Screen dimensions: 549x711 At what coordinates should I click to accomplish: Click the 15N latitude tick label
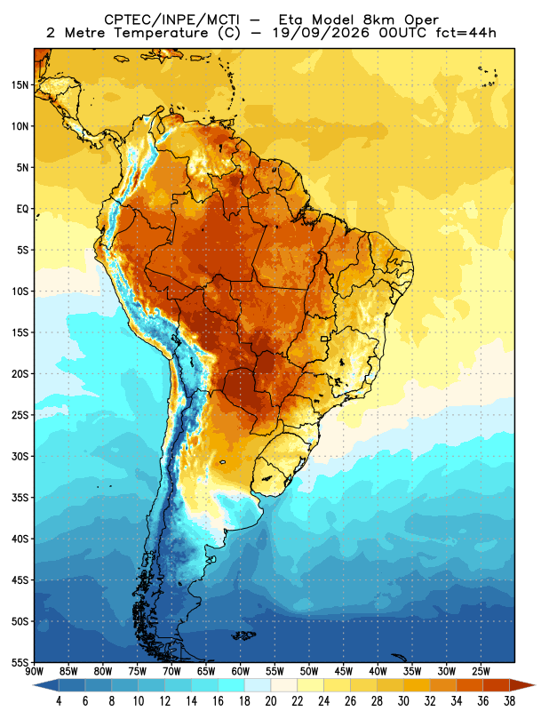click(x=20, y=84)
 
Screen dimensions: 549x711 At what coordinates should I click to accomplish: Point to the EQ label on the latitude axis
click(x=23, y=209)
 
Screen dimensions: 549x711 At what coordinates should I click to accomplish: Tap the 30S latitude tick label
click(x=20, y=456)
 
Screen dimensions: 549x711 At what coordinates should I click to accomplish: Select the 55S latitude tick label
click(x=20, y=662)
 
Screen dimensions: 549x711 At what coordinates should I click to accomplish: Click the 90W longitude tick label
click(x=35, y=671)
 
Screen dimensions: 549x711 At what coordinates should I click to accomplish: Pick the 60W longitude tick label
click(x=240, y=671)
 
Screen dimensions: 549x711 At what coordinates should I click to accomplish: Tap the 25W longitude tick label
click(x=481, y=671)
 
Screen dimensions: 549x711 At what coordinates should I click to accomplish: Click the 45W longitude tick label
click(x=344, y=671)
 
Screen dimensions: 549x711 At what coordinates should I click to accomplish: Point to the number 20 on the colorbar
click(x=271, y=701)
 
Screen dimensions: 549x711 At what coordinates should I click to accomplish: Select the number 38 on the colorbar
click(x=509, y=701)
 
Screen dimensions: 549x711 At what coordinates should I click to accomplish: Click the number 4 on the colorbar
click(x=59, y=701)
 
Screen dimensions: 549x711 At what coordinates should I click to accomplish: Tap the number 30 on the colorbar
click(x=403, y=701)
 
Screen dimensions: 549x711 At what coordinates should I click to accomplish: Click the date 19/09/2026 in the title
click(x=321, y=33)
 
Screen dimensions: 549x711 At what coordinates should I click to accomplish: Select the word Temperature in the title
click(x=161, y=33)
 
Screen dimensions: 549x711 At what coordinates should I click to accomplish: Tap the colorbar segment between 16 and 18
click(x=231, y=685)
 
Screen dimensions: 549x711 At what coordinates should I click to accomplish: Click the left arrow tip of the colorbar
click(x=33, y=685)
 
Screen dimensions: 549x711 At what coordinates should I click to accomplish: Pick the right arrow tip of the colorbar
click(x=536, y=685)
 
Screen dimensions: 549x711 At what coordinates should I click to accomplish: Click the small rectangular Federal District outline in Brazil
click(x=324, y=339)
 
